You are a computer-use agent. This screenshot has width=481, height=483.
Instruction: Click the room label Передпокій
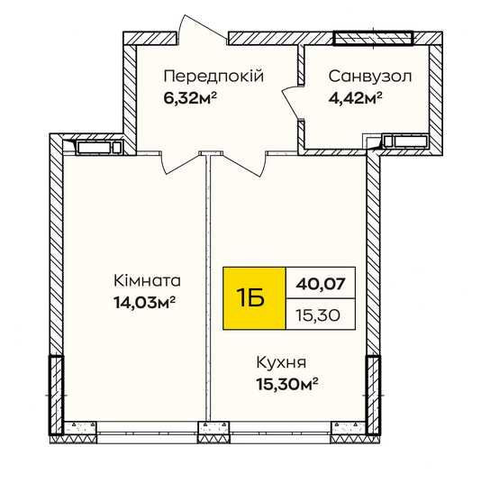click(213, 76)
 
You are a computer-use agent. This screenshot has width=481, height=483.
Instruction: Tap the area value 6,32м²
click(190, 98)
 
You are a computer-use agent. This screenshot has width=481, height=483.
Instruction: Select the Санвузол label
click(370, 77)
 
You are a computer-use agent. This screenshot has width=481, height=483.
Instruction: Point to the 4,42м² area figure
click(356, 98)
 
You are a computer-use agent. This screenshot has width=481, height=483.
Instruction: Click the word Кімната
click(147, 281)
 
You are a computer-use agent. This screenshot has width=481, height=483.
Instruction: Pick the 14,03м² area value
click(144, 302)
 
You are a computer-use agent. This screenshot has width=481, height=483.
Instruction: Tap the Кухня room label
click(281, 362)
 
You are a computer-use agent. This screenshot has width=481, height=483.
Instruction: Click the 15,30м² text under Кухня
click(287, 384)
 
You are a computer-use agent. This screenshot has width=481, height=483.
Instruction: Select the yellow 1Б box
click(254, 298)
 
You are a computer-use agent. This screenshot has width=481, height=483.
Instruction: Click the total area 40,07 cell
click(321, 283)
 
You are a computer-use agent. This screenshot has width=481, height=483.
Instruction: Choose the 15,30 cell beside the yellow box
click(321, 314)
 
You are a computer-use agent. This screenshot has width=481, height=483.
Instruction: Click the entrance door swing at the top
click(204, 29)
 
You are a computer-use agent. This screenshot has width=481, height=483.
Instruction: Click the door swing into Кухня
click(243, 164)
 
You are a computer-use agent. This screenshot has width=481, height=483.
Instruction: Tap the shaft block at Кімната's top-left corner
click(99, 148)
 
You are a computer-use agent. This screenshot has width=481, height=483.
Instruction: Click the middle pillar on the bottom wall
click(213, 433)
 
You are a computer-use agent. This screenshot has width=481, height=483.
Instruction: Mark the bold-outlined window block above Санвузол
click(373, 38)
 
